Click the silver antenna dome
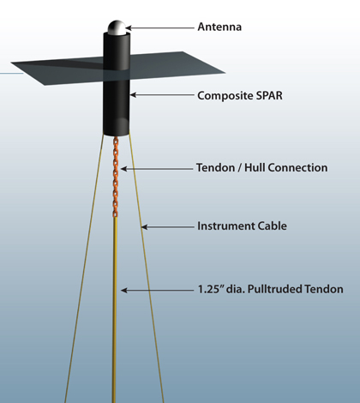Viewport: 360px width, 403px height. (x=117, y=27)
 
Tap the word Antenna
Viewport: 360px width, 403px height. (x=219, y=27)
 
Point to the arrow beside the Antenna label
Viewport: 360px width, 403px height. (x=159, y=28)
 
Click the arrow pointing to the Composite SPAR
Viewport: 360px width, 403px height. (x=162, y=94)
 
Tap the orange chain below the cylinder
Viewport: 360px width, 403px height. (x=116, y=177)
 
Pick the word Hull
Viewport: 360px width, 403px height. (x=255, y=167)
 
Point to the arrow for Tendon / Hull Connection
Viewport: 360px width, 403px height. (x=157, y=169)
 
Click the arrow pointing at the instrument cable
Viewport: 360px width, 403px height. (x=168, y=227)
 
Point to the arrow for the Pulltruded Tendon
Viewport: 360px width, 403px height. (x=158, y=290)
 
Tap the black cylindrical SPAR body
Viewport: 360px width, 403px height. (x=117, y=83)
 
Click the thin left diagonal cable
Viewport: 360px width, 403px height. (x=84, y=268)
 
